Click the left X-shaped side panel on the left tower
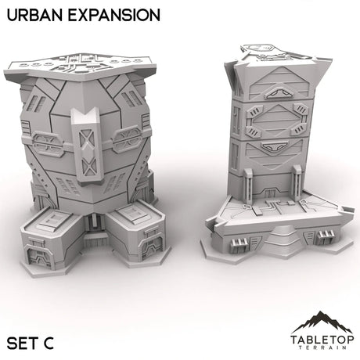[x=47, y=144]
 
